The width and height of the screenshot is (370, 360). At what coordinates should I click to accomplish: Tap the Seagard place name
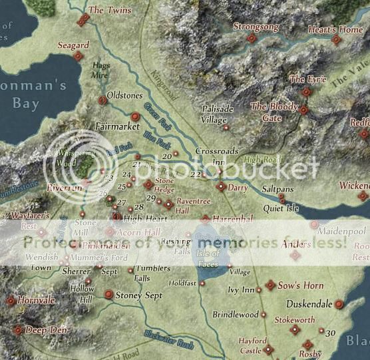click(x=73, y=45)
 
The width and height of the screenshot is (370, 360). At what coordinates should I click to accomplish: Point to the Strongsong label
click(x=256, y=27)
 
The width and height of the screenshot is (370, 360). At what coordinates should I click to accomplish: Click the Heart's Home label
click(x=335, y=30)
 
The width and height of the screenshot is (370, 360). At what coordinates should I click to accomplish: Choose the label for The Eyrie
click(x=307, y=80)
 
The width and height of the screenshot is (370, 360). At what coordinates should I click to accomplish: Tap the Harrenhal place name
click(x=233, y=218)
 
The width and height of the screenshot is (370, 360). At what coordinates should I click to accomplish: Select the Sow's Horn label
click(x=300, y=285)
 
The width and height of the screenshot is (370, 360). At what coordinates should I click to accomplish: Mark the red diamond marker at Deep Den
click(x=17, y=329)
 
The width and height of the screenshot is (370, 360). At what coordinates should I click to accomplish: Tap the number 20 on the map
click(x=167, y=156)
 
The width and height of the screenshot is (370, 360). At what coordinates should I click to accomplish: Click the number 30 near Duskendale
click(x=331, y=333)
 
